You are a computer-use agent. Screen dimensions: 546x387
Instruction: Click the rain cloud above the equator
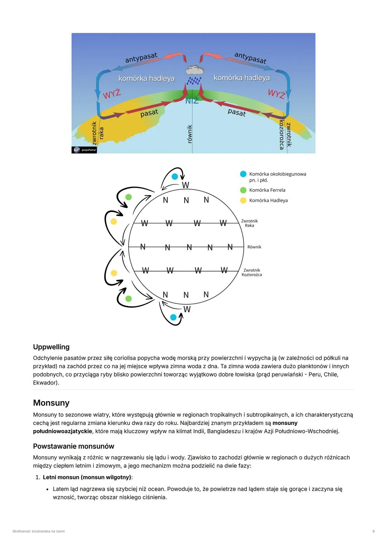(195, 70)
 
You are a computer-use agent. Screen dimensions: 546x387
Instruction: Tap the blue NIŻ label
(192, 101)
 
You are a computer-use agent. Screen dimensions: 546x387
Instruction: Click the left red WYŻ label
(112, 94)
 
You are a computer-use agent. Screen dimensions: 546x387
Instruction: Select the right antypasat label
(250, 58)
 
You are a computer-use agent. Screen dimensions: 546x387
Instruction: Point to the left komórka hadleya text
(146, 78)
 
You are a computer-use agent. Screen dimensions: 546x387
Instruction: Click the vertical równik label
(190, 134)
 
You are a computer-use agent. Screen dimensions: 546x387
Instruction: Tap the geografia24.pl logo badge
(84, 150)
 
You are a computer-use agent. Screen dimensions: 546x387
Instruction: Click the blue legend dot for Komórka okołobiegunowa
(243, 174)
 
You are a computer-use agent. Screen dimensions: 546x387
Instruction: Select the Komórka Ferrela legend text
(267, 190)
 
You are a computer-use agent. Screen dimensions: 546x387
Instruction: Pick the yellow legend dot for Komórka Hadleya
(243, 200)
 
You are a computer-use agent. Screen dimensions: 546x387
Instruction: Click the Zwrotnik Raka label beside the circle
(249, 223)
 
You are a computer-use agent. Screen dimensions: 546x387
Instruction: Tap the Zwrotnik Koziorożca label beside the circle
(252, 272)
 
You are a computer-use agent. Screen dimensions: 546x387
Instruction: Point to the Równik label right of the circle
(254, 247)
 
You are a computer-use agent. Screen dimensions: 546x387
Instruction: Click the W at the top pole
(185, 185)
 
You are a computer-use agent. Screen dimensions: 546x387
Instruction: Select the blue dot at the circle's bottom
(173, 317)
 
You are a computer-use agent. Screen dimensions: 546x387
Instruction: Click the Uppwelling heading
(51, 347)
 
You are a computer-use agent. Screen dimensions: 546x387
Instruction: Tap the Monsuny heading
(51, 403)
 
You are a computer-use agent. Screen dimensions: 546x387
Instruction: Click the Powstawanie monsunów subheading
(73, 446)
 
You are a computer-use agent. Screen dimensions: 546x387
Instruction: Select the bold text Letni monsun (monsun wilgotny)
(87, 477)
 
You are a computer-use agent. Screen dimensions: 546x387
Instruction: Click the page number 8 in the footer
(373, 531)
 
